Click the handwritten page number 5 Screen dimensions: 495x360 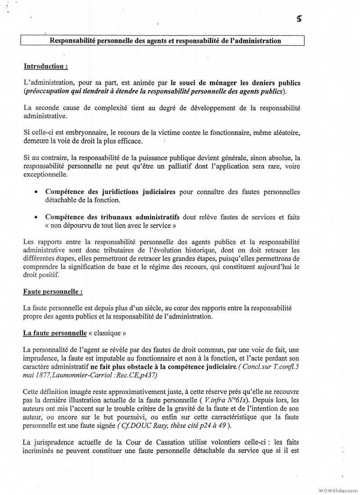click(x=299, y=18)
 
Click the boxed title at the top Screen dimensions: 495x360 click(x=165, y=41)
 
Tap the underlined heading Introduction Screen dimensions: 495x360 click(x=45, y=66)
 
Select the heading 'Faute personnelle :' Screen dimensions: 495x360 click(x=53, y=292)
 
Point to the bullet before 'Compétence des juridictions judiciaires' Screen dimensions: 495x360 click(x=36, y=192)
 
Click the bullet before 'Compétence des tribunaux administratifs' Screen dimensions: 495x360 click(x=36, y=217)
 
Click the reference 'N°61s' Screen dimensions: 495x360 click(x=237, y=400)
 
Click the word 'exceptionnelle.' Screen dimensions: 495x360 click(x=45, y=175)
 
